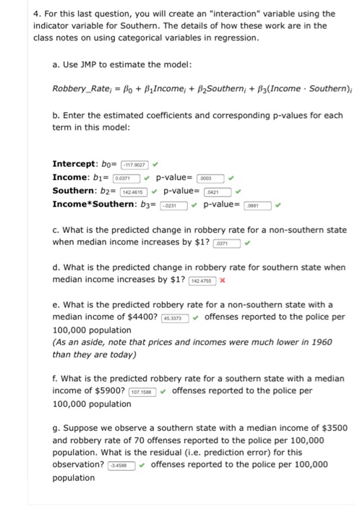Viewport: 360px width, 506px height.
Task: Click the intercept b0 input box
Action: [x=132, y=164]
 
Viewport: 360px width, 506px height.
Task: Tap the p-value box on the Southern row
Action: [x=215, y=192]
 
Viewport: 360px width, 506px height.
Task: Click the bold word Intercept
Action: [x=77, y=164]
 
